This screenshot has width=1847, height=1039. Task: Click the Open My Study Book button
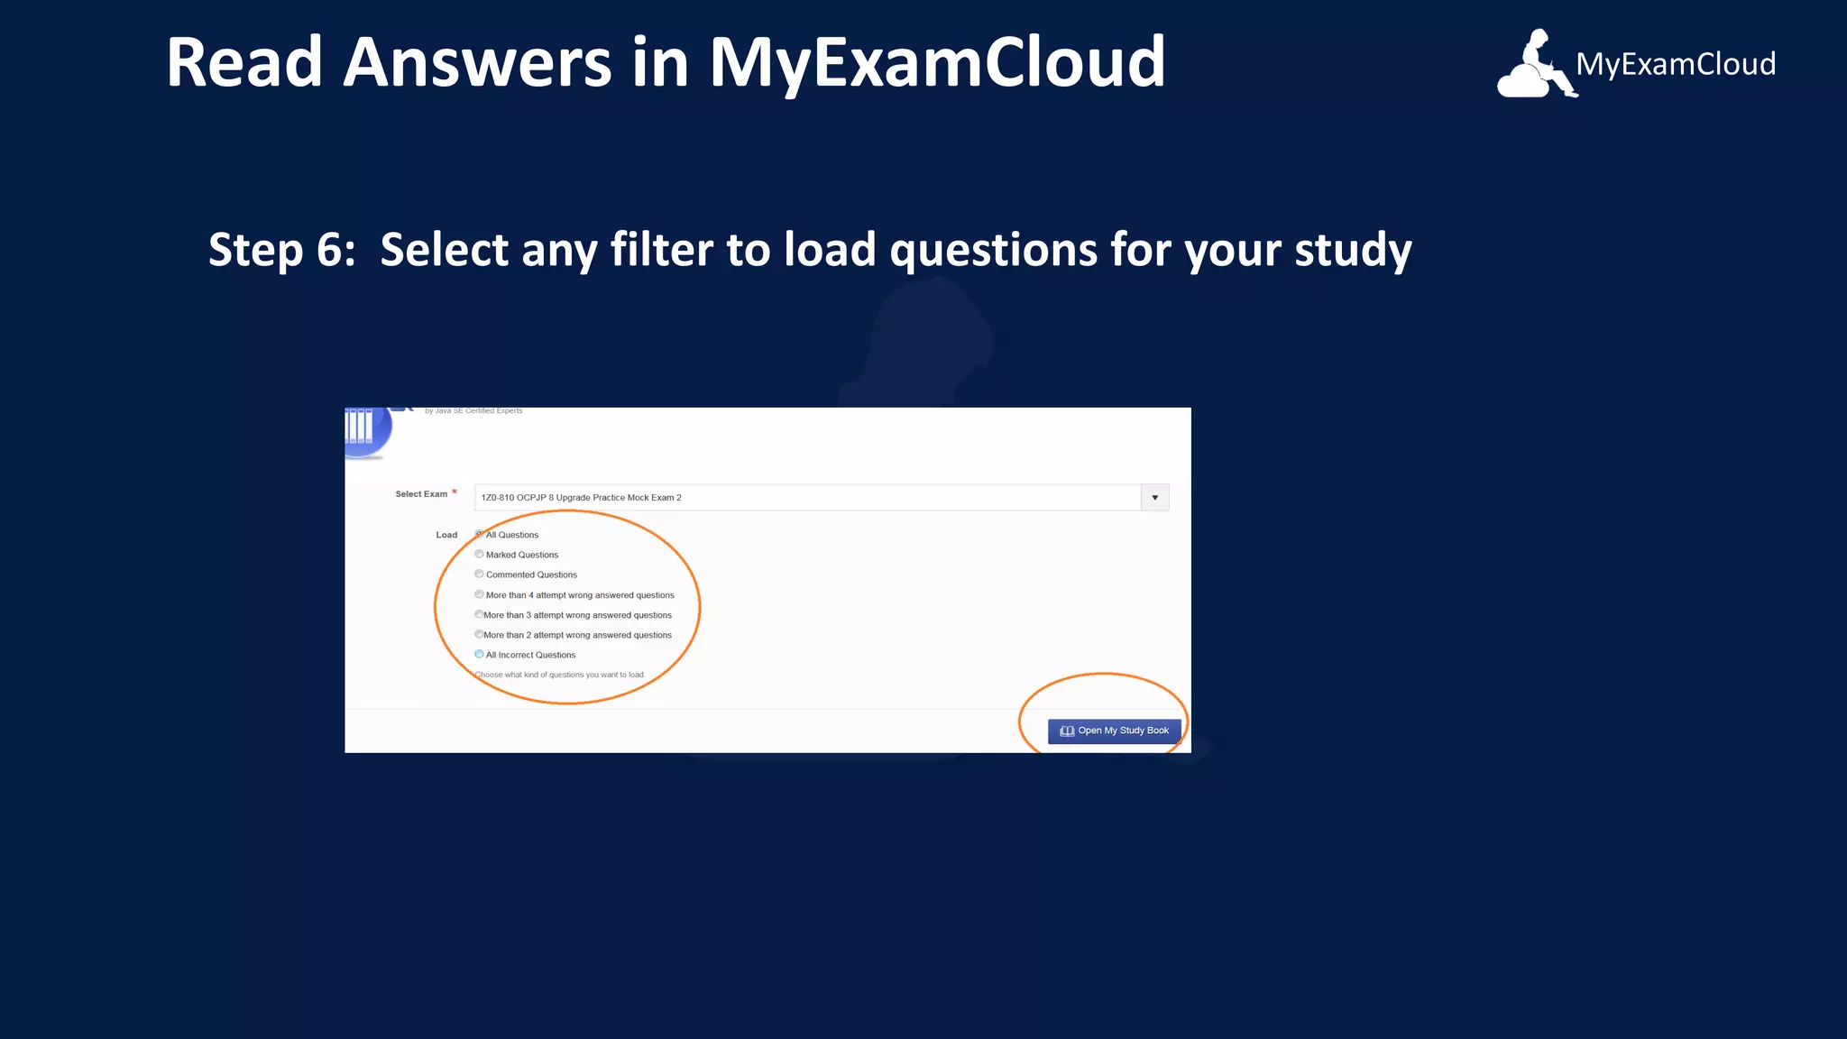(1114, 731)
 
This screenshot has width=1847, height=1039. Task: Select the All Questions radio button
(479, 534)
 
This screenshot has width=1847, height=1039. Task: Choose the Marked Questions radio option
(479, 554)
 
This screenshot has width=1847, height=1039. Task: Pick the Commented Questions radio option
(479, 574)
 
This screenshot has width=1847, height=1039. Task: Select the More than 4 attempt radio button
(479, 594)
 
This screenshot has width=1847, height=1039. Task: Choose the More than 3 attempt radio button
(479, 614)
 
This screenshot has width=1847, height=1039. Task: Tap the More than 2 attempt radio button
(479, 634)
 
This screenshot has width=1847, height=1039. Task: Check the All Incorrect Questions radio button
(479, 654)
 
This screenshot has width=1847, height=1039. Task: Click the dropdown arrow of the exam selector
(1154, 498)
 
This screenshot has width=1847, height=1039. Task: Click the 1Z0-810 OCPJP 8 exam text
(581, 498)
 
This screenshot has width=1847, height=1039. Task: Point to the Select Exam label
(421, 494)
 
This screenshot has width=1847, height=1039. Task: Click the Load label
(446, 535)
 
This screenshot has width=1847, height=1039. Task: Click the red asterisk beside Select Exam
(455, 492)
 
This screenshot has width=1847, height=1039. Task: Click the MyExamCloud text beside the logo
(1676, 65)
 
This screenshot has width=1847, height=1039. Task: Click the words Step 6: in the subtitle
(281, 250)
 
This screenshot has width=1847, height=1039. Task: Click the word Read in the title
(244, 63)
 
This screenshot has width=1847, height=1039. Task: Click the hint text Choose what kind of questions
(560, 675)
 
